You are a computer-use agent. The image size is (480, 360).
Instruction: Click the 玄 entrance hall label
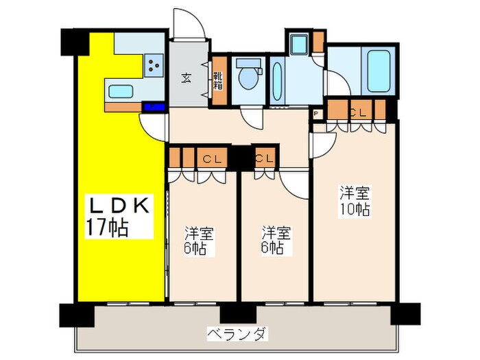click(x=186, y=76)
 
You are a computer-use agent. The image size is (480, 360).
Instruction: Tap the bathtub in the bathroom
click(x=377, y=71)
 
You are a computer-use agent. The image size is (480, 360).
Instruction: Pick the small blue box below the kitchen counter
click(x=154, y=107)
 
